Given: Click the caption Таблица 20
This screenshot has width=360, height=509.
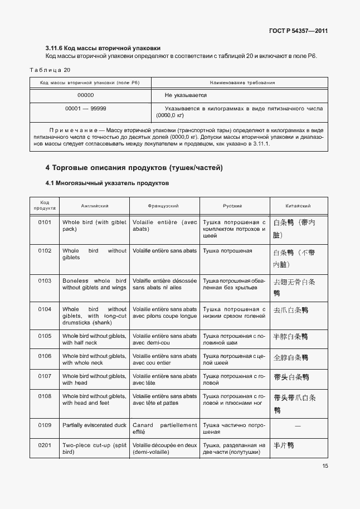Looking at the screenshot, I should point(50,70).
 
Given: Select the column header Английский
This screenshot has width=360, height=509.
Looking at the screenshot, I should point(95,206).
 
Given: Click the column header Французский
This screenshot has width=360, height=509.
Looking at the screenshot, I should point(164,206).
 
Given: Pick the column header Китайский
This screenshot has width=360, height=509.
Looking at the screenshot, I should point(298,206).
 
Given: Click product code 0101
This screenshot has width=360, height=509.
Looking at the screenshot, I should point(45,222).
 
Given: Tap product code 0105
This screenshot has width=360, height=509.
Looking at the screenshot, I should point(45,336).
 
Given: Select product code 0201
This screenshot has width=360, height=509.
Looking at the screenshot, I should point(45,445).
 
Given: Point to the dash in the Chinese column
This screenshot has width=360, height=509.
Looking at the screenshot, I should point(298,426).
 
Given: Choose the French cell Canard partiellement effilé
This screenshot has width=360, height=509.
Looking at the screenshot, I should point(164,428).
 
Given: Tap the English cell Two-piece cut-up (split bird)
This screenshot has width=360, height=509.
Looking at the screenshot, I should point(94,449).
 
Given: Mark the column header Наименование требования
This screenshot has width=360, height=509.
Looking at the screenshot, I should point(242,83).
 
